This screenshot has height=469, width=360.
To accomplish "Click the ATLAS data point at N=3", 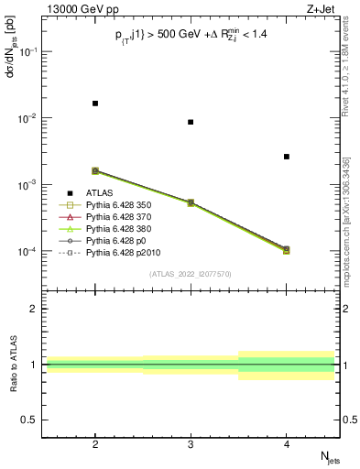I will [191, 122].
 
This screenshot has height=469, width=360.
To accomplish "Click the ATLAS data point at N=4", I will [286, 157].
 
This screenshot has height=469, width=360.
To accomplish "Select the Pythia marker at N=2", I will [95, 170].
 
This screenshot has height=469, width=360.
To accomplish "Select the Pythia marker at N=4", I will [286, 249].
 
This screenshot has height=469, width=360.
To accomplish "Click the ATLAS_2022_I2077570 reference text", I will [191, 274].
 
